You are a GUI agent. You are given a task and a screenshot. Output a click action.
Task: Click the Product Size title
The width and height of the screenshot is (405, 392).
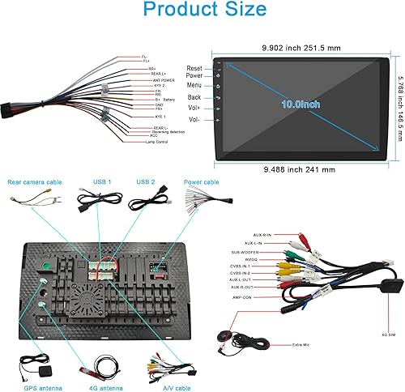[202, 11]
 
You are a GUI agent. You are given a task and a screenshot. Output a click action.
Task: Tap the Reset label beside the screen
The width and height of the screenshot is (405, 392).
[194, 68]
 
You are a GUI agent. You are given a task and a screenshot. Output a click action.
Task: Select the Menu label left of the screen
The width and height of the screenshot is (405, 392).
[194, 83]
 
